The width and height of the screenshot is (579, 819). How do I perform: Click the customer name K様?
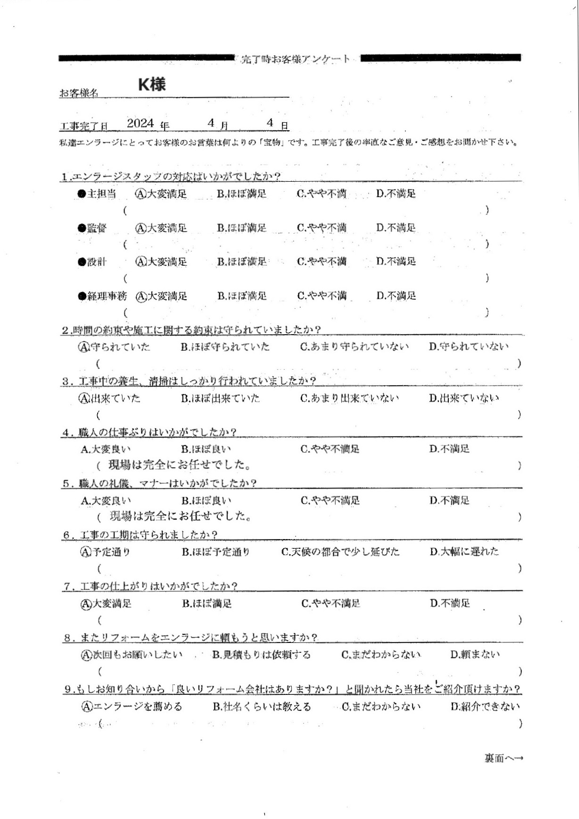coord(151,84)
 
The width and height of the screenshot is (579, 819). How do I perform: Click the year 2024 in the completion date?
coord(141,123)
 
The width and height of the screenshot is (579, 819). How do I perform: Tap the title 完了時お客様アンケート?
coord(296,59)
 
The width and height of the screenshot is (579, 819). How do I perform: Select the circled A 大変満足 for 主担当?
coord(161,194)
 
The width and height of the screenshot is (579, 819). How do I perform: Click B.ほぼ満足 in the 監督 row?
coord(241,228)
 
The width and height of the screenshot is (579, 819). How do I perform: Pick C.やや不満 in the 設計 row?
coord(322,262)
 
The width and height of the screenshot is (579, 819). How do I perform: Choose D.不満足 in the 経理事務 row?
coord(396,296)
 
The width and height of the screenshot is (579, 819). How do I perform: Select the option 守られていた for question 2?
coord(114,347)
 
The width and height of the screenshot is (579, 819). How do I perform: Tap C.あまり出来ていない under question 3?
coord(349,398)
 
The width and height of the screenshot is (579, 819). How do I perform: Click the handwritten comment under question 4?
coord(179,465)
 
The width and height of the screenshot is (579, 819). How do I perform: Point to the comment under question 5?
coord(180,516)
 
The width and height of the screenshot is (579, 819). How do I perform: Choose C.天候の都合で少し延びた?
coord(340,552)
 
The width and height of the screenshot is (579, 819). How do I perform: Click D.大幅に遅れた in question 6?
coord(464,551)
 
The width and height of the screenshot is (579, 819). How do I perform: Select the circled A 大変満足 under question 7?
coord(106,603)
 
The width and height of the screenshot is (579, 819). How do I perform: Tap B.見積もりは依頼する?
coord(261,655)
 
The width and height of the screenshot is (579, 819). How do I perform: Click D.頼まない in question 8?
coord(475,655)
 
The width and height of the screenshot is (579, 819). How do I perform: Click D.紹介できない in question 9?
coord(485,707)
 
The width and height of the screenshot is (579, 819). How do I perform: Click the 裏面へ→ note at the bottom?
coord(504,758)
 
